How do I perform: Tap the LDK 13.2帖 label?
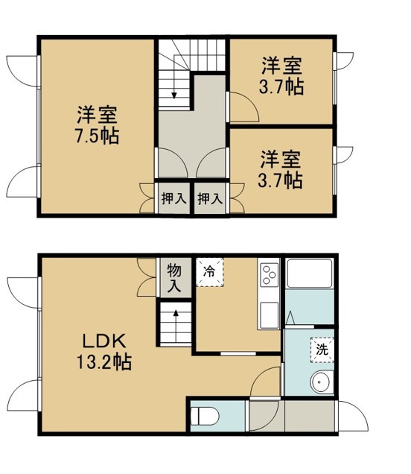[104, 352]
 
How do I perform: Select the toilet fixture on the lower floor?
[205, 417]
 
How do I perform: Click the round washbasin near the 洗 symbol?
[322, 382]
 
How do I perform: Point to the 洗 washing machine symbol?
[322, 350]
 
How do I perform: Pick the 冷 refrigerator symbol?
[209, 272]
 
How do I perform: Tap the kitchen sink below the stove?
[270, 315]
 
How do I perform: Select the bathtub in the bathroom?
[310, 274]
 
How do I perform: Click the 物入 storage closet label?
[174, 277]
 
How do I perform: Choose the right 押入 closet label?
[210, 198]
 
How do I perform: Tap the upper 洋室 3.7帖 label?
[281, 76]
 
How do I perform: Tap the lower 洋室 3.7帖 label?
[280, 169]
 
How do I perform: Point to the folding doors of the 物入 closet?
[147, 277]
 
